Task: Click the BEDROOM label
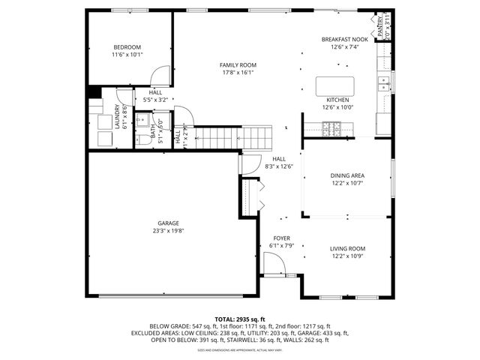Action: [x=127, y=46]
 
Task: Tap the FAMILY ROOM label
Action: [x=238, y=65]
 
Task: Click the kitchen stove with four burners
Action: [x=331, y=129]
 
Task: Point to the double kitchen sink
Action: [x=384, y=83]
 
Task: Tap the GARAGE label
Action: [x=168, y=223]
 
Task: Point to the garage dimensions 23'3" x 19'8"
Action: [x=168, y=231]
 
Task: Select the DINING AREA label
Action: [x=347, y=175]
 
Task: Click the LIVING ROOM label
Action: [x=347, y=248]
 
